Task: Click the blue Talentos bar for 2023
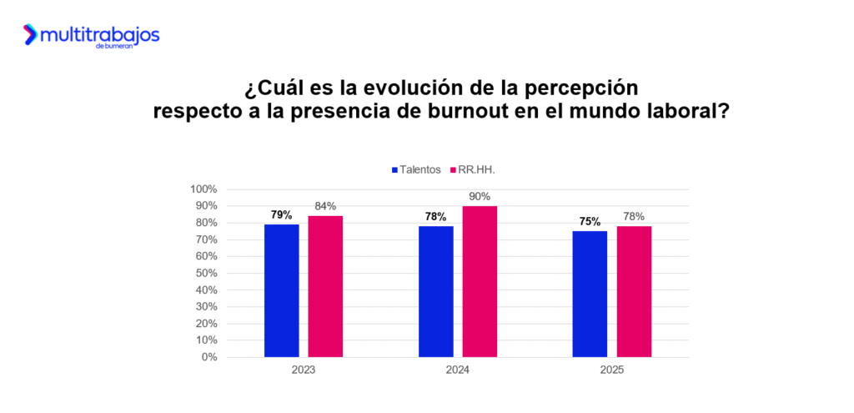(282, 290)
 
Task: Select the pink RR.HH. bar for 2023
(325, 286)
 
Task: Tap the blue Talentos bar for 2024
(436, 291)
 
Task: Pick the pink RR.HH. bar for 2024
(480, 281)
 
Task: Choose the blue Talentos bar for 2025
(590, 294)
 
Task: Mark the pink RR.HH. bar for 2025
(634, 291)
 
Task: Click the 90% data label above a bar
(480, 197)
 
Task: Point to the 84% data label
(325, 207)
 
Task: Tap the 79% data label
(282, 214)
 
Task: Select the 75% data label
(590, 222)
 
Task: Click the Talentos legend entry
(414, 169)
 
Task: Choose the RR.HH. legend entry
(478, 169)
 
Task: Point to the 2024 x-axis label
(458, 370)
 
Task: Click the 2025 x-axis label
(612, 370)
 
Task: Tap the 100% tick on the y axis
(205, 189)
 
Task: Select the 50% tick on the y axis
(207, 273)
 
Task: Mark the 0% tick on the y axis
(209, 357)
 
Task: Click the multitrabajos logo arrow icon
(31, 35)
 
